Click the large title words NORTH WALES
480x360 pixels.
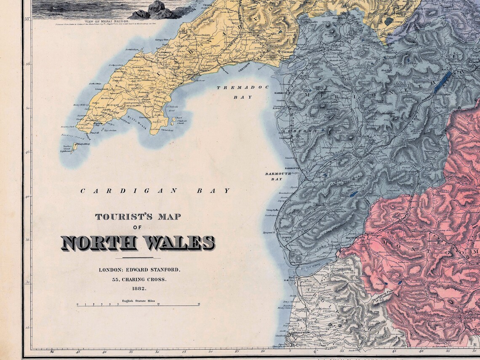tap(138, 243)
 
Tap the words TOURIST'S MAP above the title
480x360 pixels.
tap(138, 217)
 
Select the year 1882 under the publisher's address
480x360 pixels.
tap(139, 288)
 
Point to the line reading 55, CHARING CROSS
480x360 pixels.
tap(139, 279)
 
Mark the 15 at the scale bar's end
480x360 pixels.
tap(198, 304)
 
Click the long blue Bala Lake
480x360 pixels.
tap(442, 82)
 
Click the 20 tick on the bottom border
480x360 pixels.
tap(210, 351)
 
